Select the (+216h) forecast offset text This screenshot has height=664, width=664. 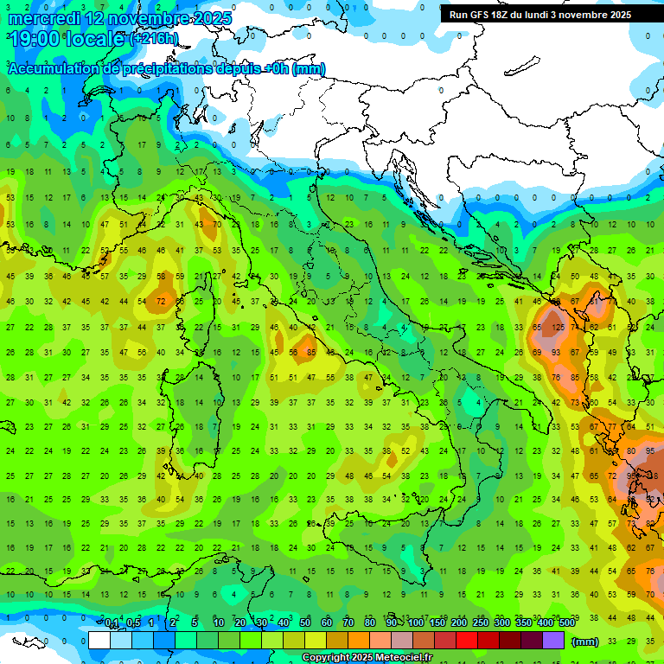155,39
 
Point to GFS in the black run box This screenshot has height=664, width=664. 482,15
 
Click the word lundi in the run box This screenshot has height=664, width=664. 537,15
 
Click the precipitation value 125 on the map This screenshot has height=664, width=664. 559,328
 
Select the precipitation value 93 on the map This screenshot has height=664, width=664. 558,353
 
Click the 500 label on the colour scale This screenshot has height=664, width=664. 566,623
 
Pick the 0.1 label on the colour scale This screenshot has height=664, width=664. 112,623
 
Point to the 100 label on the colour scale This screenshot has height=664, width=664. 416,623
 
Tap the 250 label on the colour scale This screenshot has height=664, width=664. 480,623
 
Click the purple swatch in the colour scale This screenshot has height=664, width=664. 553,640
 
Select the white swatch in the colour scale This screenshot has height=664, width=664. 99,640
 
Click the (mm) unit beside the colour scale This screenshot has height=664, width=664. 585,641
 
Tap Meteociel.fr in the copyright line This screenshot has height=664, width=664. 407,658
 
